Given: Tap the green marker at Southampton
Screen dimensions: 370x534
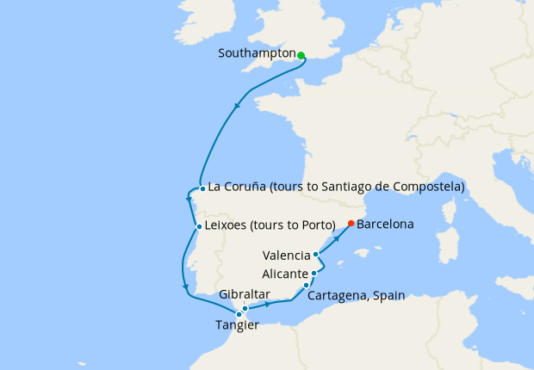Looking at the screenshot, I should click(x=301, y=55).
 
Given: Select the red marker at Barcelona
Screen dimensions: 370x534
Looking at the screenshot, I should click(x=351, y=224).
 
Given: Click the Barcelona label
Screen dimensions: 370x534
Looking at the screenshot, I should click(x=385, y=225).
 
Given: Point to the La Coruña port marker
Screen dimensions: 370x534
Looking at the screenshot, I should click(x=202, y=188).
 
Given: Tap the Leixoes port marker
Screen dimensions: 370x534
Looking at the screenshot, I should click(x=199, y=228).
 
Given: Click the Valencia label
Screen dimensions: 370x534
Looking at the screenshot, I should click(x=287, y=256).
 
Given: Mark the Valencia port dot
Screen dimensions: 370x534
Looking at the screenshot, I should click(x=316, y=255).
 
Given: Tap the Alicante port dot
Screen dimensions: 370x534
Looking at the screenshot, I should click(x=314, y=274).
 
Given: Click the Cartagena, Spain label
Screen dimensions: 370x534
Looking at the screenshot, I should click(x=356, y=295).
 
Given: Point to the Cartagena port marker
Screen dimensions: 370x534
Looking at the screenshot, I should click(x=307, y=285).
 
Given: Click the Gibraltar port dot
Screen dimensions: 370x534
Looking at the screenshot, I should click(x=245, y=308).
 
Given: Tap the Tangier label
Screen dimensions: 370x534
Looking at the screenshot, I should click(x=237, y=325).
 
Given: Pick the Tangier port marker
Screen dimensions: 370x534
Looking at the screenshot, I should click(x=239, y=315).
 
